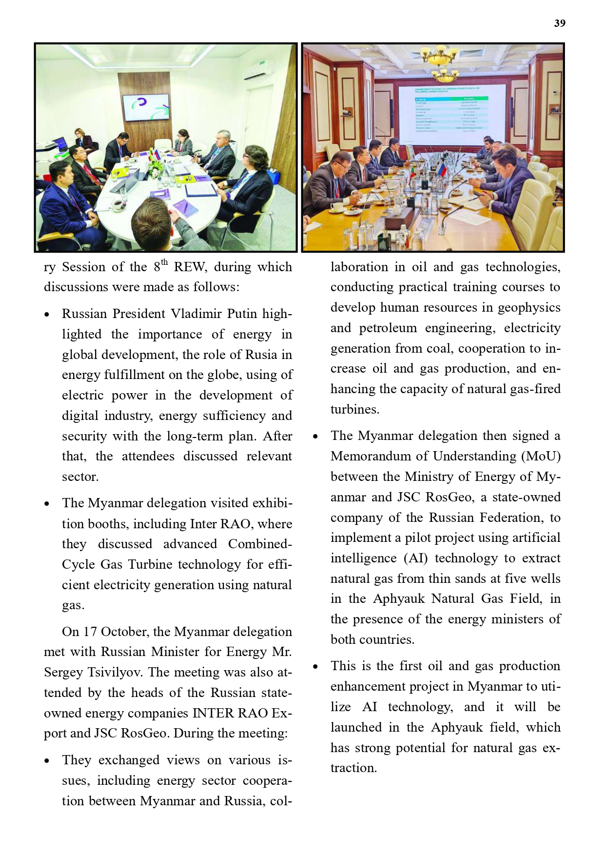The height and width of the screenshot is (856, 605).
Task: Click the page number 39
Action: [560, 23]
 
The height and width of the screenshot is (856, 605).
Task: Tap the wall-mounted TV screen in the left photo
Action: [146, 108]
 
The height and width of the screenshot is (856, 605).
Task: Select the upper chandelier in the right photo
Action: [440, 55]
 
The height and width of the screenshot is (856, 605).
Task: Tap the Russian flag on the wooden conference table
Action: [442, 169]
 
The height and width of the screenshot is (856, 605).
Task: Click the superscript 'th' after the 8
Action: [164, 262]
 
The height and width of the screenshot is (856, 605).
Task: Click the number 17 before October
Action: [90, 632]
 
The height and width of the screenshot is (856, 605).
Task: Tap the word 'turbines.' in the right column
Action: [355, 410]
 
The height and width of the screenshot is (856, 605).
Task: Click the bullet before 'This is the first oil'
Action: [315, 667]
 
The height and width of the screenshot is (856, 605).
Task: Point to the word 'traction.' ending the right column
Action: [353, 768]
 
